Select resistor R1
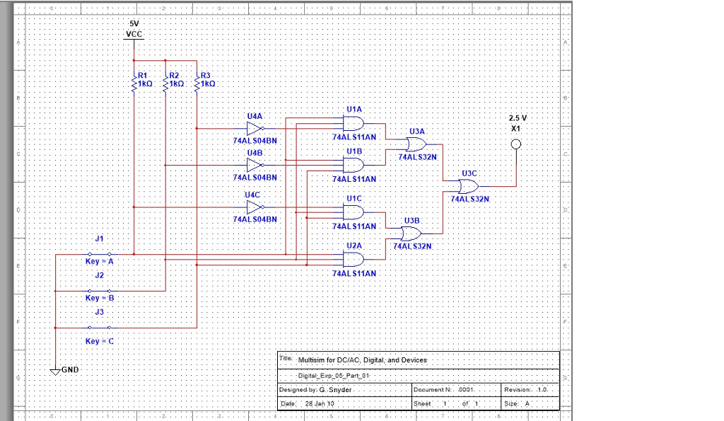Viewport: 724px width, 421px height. (134, 79)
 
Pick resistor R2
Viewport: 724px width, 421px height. (165, 79)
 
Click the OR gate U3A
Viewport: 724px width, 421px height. (416, 144)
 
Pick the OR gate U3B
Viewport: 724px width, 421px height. (411, 233)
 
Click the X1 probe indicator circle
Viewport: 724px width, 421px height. (516, 144)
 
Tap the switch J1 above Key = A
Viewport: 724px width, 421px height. (99, 253)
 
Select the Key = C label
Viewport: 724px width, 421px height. (99, 341)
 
